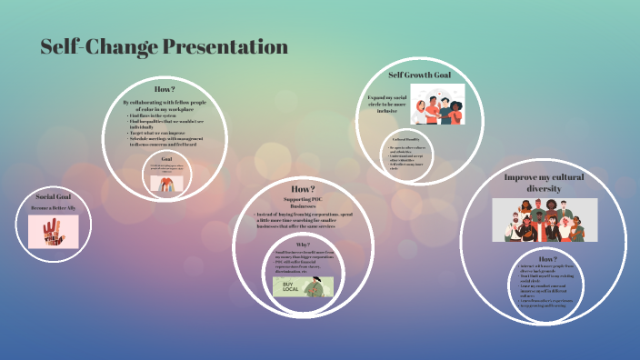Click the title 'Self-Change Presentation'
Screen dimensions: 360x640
click(x=164, y=47)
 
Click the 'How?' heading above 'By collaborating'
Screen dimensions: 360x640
click(x=165, y=89)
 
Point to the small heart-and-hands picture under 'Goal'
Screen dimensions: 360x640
click(x=166, y=182)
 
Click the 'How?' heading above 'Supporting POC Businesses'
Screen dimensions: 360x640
click(x=303, y=188)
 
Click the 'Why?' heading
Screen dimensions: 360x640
click(x=304, y=245)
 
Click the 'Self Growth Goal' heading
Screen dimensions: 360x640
click(x=419, y=75)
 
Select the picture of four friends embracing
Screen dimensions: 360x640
click(x=436, y=105)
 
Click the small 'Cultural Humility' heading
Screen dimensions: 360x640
click(x=405, y=139)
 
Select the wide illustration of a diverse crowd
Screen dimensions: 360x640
click(x=545, y=219)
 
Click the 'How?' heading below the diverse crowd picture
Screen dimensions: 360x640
click(x=547, y=259)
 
